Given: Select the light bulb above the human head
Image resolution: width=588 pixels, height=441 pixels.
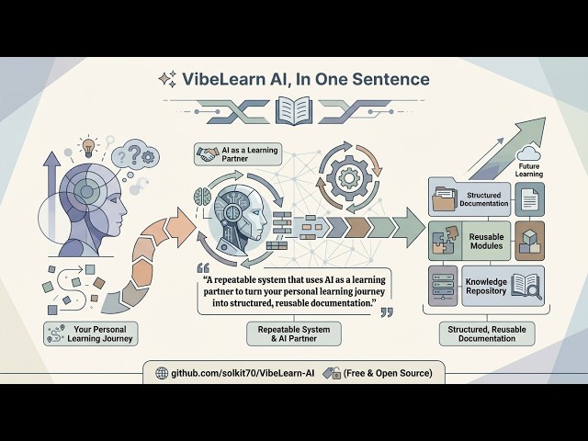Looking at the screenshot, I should coord(88,147).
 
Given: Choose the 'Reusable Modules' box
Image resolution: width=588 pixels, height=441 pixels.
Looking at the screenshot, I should coord(482,241).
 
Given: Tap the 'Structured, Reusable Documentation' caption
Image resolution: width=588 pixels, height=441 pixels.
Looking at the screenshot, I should coord(487,332).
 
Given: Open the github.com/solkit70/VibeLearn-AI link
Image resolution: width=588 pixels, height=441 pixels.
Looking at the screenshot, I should coord(235,373).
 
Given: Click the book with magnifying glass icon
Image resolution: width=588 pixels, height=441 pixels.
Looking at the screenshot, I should coord(528,286).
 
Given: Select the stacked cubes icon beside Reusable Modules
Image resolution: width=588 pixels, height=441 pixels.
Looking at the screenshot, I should coord(530,241).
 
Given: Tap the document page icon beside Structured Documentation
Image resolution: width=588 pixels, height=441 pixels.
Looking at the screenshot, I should coord(529,198).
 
